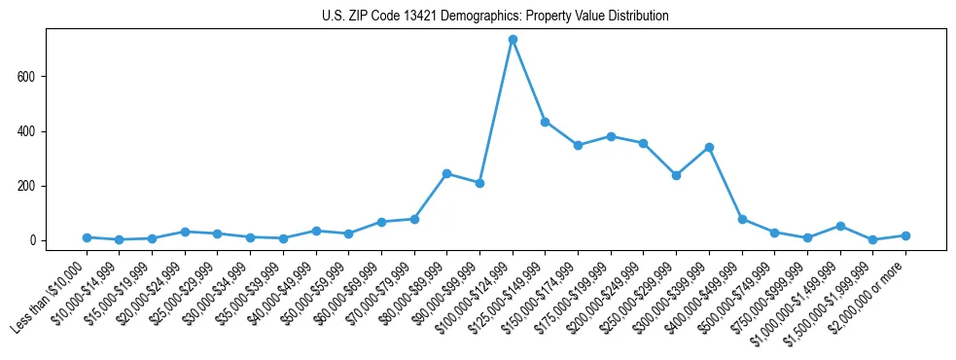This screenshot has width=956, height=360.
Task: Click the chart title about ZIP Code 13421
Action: (495, 17)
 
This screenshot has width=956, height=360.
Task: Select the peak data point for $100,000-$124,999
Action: (513, 40)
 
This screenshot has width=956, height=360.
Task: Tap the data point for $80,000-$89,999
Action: (446, 174)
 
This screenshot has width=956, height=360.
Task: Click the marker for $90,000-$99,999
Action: (479, 183)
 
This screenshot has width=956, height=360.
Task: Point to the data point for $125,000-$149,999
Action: (545, 122)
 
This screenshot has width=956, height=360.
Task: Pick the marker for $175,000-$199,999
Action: (611, 136)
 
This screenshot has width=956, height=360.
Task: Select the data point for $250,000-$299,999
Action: (676, 175)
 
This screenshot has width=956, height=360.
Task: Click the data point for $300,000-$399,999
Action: (709, 147)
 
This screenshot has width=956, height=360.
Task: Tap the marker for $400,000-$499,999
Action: (742, 219)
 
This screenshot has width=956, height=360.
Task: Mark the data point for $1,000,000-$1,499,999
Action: (840, 226)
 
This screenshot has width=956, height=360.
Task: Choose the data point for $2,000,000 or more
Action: (905, 235)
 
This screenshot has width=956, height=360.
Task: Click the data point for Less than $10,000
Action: (87, 237)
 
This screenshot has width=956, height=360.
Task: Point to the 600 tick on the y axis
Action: (33, 77)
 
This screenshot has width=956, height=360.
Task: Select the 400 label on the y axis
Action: (33, 131)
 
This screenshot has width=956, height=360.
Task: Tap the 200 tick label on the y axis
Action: (33, 186)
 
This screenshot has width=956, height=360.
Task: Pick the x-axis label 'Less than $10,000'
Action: (52, 295)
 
